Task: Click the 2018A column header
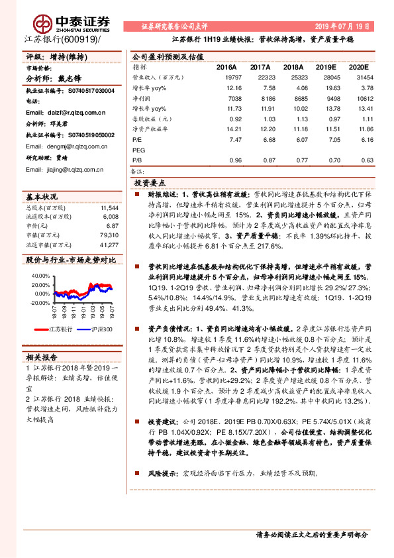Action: pyautogui.click(x=293, y=68)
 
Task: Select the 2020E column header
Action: pyautogui.click(x=358, y=68)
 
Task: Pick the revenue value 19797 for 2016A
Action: pyautogui.click(x=226, y=78)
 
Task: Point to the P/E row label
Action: pyautogui.click(x=138, y=140)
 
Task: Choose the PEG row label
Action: pyautogui.click(x=139, y=150)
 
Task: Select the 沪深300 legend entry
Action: pyautogui.click(x=101, y=329)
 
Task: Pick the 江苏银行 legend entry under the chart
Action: pyautogui.click(x=61, y=329)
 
